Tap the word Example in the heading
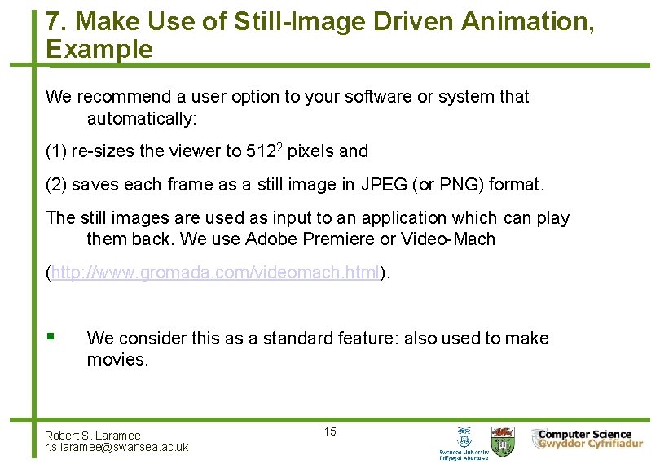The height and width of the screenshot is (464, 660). (99, 50)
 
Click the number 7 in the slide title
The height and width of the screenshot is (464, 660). (53, 22)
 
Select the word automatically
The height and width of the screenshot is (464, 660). (142, 119)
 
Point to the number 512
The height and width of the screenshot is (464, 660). (260, 151)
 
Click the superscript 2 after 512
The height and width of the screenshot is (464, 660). (279, 147)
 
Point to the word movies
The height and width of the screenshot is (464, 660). (117, 360)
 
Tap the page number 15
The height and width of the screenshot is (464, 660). (329, 431)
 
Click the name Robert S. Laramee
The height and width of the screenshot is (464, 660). (93, 436)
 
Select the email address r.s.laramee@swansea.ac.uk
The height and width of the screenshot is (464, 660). (117, 447)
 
